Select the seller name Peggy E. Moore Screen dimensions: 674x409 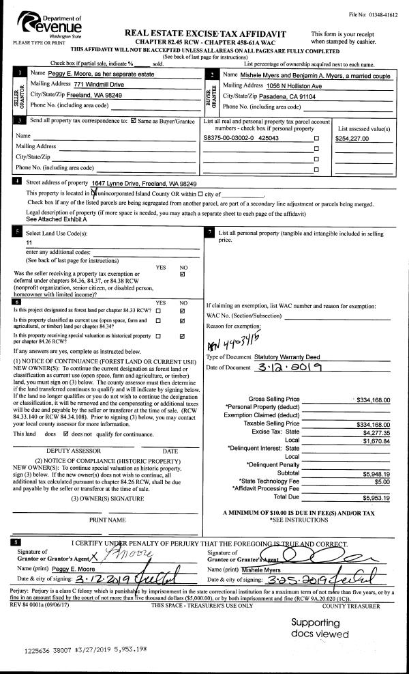[x=66, y=74]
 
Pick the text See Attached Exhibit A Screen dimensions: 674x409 [x=57, y=220]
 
